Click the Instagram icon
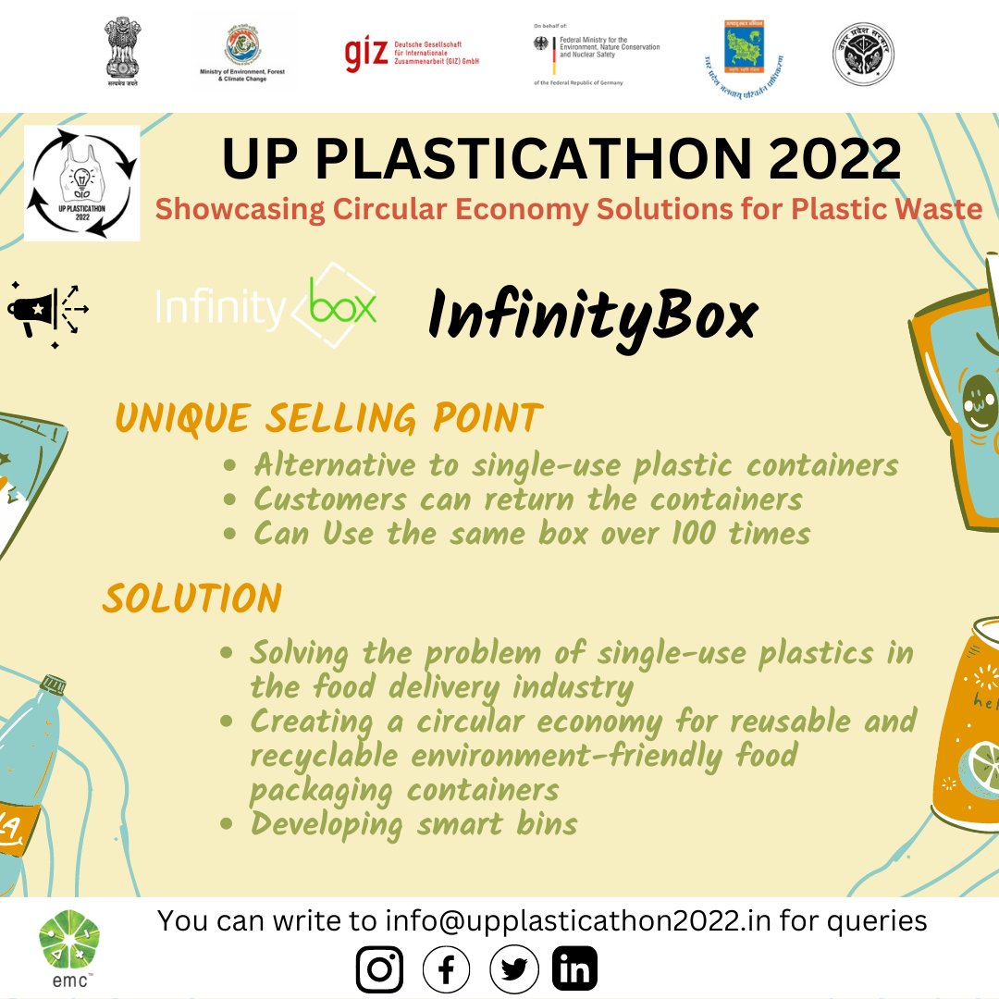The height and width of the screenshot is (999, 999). (380, 970)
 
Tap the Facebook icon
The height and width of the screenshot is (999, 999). (447, 970)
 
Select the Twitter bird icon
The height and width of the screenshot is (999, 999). (513, 970)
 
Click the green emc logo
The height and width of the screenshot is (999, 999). (68, 941)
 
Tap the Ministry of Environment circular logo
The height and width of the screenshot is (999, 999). (244, 44)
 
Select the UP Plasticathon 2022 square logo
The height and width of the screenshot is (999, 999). (81, 183)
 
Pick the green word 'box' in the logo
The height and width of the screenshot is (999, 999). (343, 306)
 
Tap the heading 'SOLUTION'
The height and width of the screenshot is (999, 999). (191, 599)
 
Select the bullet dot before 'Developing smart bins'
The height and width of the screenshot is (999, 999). (227, 825)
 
